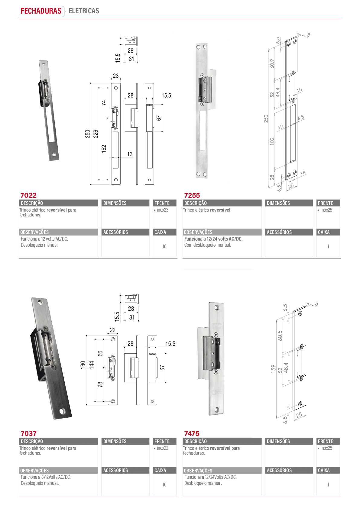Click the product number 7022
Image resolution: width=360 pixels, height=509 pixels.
tap(28, 195)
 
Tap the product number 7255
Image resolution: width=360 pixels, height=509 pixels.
tap(192, 195)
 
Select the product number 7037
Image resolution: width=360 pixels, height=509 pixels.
tap(28, 433)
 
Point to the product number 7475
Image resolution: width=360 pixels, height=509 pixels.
tap(192, 433)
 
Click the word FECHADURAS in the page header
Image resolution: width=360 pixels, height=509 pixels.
tap(41, 11)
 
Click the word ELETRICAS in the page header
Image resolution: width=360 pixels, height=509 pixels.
tap(84, 11)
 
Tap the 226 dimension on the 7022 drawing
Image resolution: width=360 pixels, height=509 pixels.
tap(96, 134)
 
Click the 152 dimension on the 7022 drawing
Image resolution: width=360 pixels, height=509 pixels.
tap(104, 149)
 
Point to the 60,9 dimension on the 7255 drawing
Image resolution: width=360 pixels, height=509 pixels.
tap(272, 63)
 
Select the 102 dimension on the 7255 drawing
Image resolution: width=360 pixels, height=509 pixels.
tap(272, 141)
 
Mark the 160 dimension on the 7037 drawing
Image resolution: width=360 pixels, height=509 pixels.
tap(83, 365)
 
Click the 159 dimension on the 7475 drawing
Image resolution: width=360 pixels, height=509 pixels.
tap(273, 369)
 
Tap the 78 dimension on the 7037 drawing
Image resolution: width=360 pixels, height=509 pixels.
tap(100, 384)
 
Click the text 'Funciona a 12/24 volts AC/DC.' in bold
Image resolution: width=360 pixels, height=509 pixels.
tap(213, 239)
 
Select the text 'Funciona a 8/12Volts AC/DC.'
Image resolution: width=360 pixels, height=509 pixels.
tap(46, 477)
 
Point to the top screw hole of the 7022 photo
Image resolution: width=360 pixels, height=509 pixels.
tap(44, 64)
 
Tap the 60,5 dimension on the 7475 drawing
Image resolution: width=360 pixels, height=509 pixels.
tap(280, 336)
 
